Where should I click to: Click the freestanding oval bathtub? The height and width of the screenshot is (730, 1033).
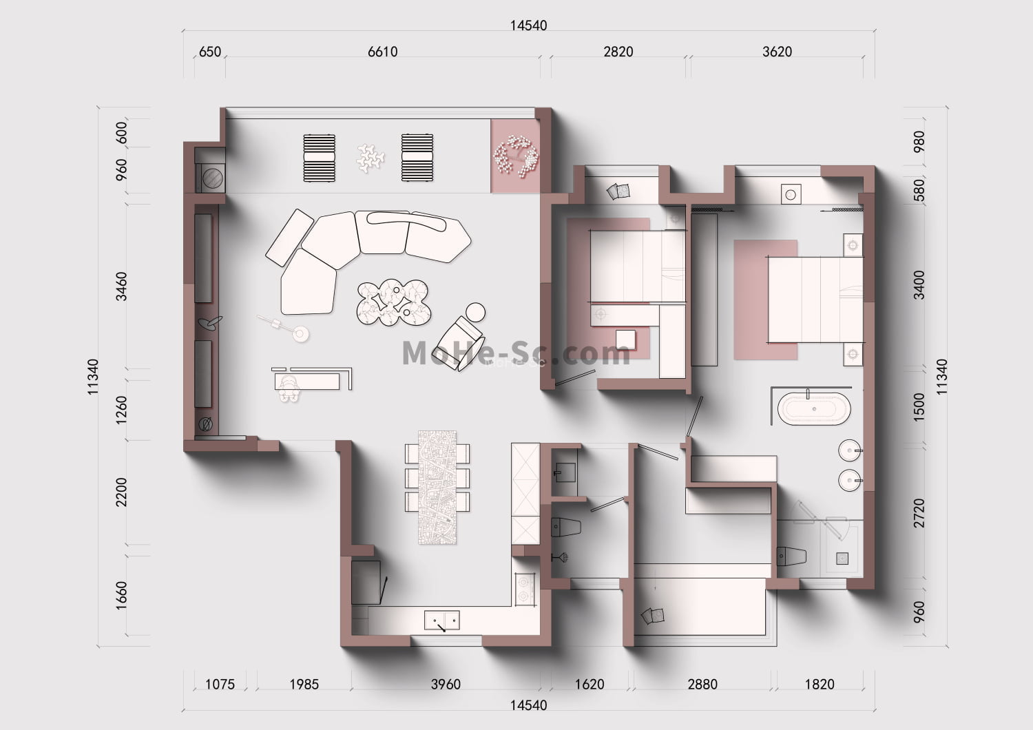814,408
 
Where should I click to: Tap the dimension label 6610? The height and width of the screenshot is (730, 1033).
382,52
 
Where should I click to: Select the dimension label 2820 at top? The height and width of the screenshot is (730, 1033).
618,52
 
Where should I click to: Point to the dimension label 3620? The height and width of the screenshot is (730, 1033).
777,52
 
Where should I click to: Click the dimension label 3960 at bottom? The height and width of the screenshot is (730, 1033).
446,685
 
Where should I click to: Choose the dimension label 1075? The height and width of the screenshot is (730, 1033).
220,685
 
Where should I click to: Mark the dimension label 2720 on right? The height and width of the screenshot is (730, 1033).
919,513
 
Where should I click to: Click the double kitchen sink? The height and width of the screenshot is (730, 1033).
442,620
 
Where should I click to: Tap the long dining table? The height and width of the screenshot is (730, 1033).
437,488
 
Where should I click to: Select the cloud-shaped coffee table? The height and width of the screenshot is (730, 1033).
393,302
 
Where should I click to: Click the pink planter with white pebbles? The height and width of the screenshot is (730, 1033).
514,156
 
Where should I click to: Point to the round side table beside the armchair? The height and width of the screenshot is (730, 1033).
475,312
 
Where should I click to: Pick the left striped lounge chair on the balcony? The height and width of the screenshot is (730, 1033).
319,158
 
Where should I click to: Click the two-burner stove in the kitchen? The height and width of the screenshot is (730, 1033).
525,589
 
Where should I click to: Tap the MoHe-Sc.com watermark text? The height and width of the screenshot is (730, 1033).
516,354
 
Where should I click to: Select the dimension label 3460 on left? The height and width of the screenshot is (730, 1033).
121,286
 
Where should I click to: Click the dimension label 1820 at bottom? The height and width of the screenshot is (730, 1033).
820,685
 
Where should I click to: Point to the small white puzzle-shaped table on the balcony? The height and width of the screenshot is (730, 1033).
371,158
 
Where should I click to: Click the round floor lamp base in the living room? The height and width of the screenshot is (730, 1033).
301,334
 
